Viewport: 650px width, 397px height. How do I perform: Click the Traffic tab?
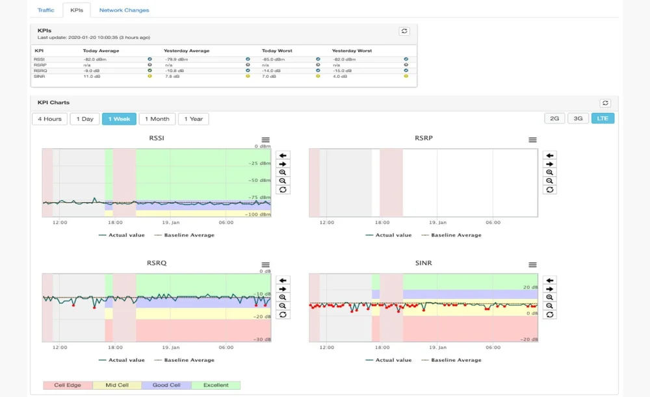(x=45, y=10)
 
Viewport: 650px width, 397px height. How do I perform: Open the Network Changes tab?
(x=123, y=10)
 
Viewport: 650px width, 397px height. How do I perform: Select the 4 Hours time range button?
(x=49, y=119)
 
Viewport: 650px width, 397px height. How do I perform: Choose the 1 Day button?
(x=84, y=119)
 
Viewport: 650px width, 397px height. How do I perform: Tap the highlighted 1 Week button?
(x=119, y=119)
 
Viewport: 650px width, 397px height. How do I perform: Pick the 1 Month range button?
(x=157, y=119)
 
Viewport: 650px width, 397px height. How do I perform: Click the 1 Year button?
(x=193, y=119)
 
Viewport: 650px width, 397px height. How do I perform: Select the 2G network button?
(x=554, y=118)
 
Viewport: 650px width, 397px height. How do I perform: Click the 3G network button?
(x=578, y=118)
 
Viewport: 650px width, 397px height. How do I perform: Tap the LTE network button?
(x=603, y=118)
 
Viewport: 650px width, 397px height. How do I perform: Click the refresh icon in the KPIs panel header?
(x=404, y=31)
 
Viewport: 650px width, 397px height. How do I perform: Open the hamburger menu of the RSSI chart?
(x=265, y=140)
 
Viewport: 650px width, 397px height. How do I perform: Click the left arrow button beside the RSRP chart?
(x=550, y=155)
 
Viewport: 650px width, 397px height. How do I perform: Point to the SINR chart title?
(x=423, y=263)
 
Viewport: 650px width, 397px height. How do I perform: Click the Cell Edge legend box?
(x=68, y=385)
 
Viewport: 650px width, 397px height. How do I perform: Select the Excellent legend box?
(x=216, y=385)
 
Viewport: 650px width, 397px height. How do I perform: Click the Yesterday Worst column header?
(x=352, y=51)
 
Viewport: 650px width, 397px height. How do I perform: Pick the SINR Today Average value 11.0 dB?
(x=92, y=76)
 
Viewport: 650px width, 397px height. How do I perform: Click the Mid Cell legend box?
(x=117, y=385)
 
